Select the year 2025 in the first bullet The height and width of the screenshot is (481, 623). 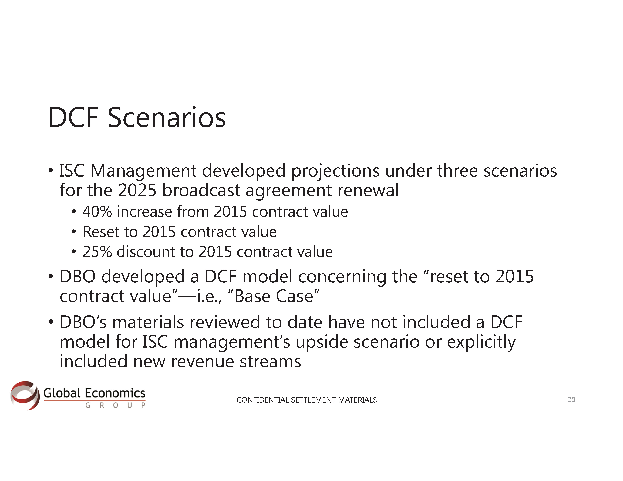[137, 190]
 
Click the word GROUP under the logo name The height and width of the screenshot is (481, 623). [116, 405]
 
